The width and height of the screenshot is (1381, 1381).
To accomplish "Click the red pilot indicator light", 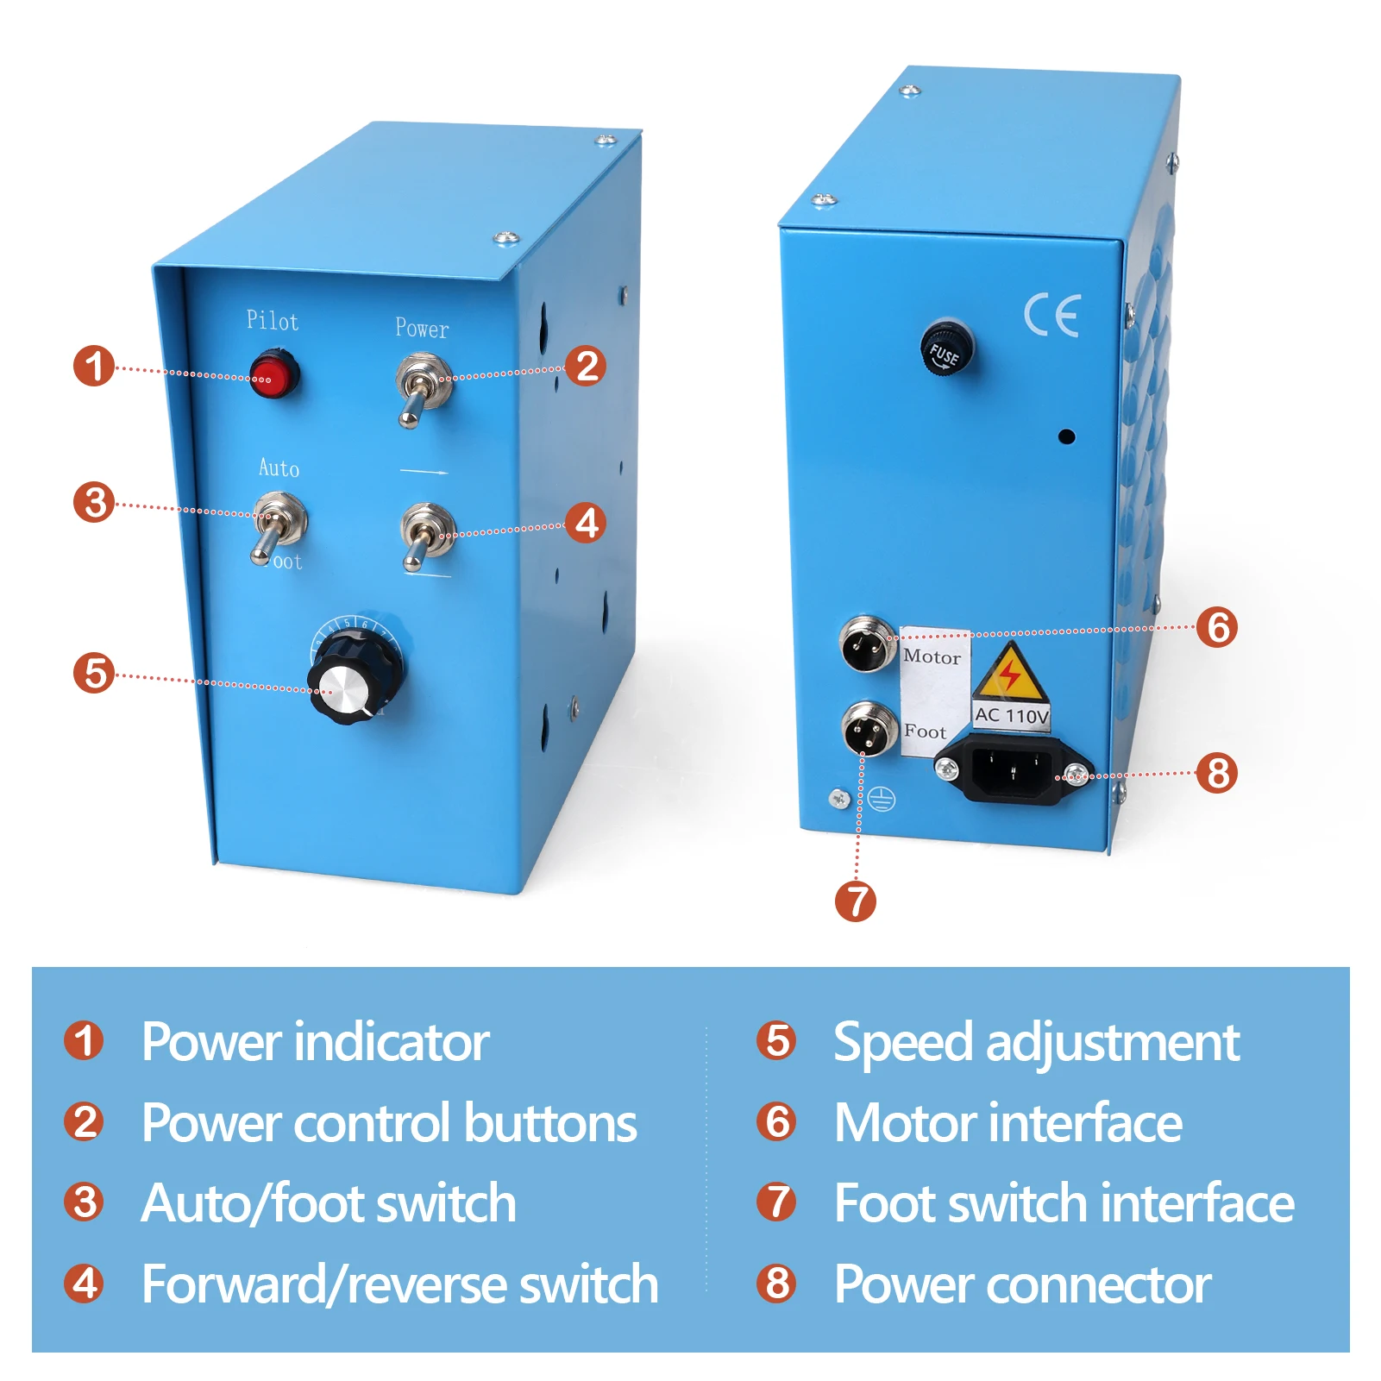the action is pyautogui.click(x=274, y=375).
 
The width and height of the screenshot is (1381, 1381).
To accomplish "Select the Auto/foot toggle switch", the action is pyautogui.click(x=276, y=523).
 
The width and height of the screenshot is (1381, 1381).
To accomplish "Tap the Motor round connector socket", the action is pyautogui.click(x=868, y=643).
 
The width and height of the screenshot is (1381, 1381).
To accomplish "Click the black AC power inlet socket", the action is pyautogui.click(x=1011, y=771).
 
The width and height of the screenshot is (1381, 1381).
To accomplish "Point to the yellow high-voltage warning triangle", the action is pyautogui.click(x=1010, y=674).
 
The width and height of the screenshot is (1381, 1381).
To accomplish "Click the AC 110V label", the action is pyautogui.click(x=1011, y=715).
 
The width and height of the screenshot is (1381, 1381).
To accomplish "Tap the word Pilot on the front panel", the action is pyautogui.click(x=273, y=321).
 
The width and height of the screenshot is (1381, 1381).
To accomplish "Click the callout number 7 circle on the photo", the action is pyautogui.click(x=856, y=901).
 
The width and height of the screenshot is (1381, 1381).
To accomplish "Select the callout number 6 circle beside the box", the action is pyautogui.click(x=1216, y=627).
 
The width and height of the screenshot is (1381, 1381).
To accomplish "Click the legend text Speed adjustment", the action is pyautogui.click(x=1036, y=1042).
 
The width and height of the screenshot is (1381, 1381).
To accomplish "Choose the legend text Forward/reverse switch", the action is pyautogui.click(x=399, y=1284).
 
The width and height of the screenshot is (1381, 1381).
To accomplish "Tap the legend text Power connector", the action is pyautogui.click(x=1022, y=1284).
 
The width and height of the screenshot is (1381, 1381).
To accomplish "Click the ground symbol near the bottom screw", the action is pyautogui.click(x=882, y=799).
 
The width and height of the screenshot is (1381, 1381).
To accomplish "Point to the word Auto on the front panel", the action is pyautogui.click(x=279, y=468).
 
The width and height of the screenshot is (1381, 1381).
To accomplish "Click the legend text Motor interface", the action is pyautogui.click(x=1008, y=1123).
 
